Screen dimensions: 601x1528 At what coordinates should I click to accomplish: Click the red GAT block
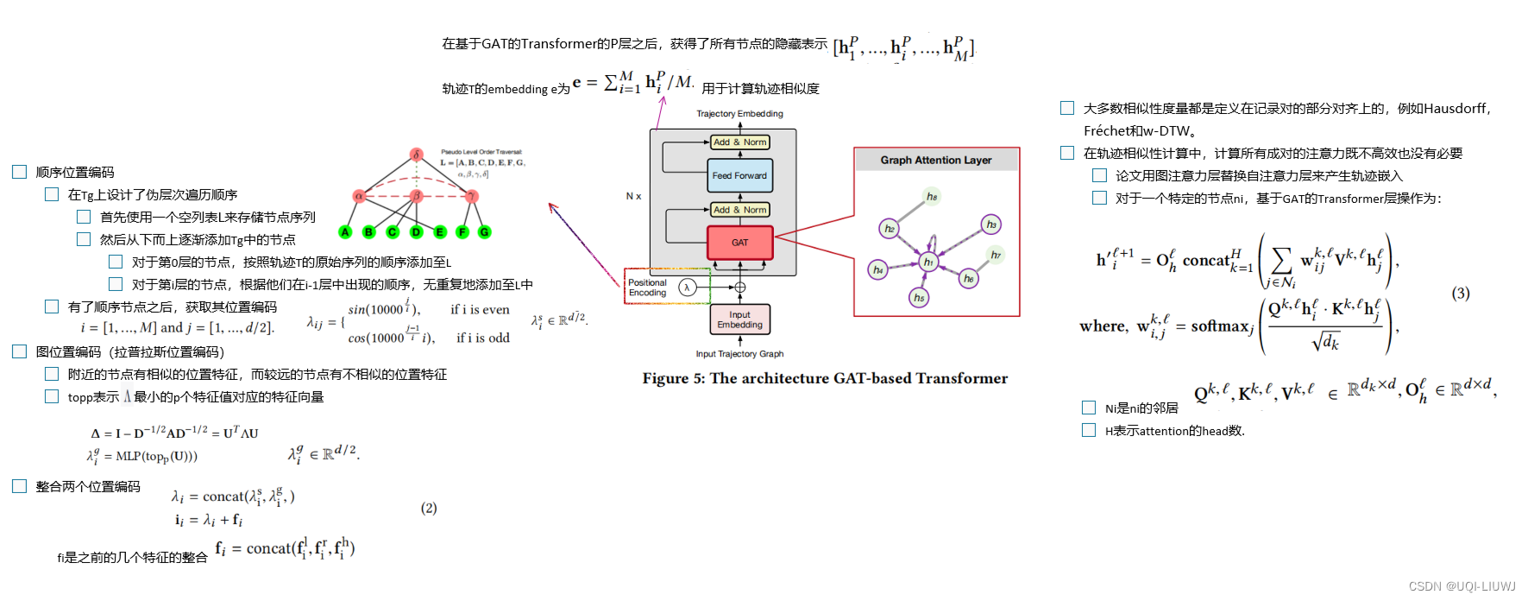coord(739,243)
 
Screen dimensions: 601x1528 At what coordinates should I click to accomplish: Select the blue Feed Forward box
coord(739,175)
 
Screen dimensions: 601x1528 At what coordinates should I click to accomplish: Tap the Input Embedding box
coord(739,319)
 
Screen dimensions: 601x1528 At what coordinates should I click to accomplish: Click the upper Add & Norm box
coord(739,142)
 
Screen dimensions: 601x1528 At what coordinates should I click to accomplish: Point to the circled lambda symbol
coord(688,288)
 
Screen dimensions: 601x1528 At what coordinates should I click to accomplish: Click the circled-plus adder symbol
coord(739,288)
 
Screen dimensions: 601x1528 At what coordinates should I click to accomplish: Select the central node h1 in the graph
coord(928,261)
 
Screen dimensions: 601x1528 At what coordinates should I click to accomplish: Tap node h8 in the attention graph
coord(932,197)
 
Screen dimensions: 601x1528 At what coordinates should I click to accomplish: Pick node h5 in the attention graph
coord(919,297)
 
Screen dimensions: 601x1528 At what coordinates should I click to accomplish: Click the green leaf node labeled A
coord(346,232)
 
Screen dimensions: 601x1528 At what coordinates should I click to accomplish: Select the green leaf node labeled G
coord(485,232)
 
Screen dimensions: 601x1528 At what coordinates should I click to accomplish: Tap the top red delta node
coord(416,155)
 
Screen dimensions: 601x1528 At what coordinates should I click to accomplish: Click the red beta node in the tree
coord(416,196)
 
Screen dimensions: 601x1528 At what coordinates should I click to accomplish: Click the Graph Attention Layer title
coord(936,160)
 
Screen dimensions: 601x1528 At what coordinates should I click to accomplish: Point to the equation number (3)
coord(1460,294)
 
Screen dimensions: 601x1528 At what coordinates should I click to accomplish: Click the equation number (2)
coord(429,508)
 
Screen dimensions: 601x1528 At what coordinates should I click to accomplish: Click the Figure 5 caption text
coord(825,378)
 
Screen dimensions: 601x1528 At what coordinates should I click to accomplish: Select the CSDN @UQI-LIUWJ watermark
coord(1462,586)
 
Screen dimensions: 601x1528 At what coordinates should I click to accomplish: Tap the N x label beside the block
coord(633,196)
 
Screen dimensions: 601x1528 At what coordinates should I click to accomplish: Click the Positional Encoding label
coord(647,288)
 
